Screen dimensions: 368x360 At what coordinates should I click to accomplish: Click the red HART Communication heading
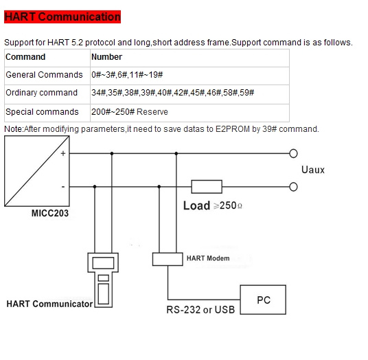point(62,16)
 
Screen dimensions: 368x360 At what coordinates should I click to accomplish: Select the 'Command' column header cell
point(47,58)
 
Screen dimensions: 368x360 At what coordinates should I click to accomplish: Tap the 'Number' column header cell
point(189,58)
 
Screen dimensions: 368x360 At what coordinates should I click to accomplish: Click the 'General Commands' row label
point(44,75)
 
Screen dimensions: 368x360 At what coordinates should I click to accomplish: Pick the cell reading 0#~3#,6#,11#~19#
point(189,76)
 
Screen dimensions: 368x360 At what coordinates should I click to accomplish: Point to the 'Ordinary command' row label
point(42,93)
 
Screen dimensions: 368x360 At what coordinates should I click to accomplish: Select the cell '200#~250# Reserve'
point(189,113)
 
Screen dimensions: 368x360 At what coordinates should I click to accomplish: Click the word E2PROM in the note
point(233,129)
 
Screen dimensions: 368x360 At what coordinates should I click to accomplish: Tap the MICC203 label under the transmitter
point(50,213)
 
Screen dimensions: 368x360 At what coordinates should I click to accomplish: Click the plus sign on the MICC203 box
point(63,153)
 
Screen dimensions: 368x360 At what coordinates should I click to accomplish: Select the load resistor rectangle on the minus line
point(207,187)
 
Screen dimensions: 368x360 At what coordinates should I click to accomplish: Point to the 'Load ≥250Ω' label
point(213,205)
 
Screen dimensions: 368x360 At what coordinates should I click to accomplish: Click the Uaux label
point(313,170)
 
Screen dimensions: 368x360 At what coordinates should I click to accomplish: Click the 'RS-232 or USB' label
point(200,310)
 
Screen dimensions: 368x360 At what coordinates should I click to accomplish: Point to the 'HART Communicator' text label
point(49,304)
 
